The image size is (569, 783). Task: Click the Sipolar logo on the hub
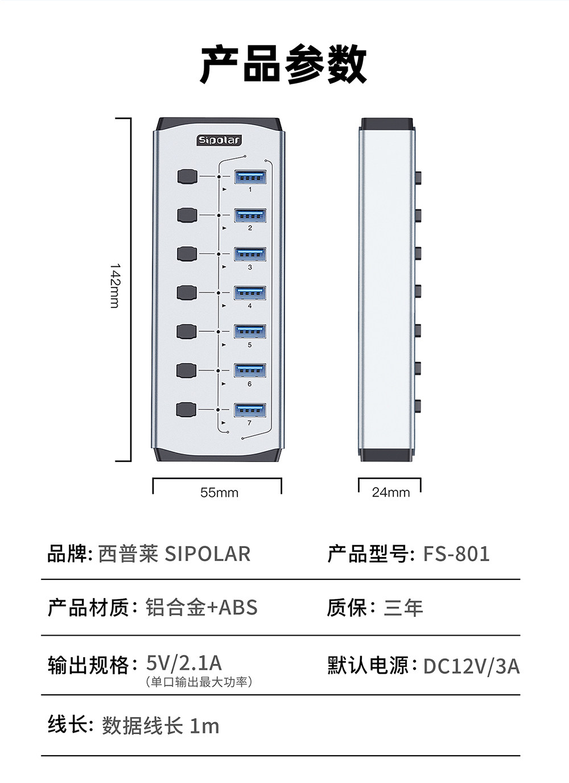(220, 140)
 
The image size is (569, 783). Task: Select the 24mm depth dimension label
(391, 493)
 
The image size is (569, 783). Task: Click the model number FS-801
(456, 554)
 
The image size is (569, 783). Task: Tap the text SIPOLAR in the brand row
(208, 554)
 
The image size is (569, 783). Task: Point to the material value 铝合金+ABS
(201, 608)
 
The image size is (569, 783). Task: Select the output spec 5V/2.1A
(184, 662)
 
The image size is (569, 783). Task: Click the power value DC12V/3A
(471, 666)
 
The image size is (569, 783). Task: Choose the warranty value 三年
(403, 608)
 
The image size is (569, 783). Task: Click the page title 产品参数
(283, 64)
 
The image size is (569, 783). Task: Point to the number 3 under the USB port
(250, 267)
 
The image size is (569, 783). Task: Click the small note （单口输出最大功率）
(199, 682)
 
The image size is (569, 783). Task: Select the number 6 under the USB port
(250, 384)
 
